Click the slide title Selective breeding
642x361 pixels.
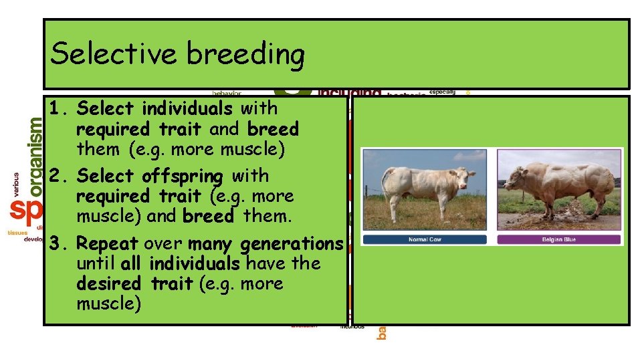(x=177, y=53)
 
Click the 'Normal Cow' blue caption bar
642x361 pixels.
(x=425, y=239)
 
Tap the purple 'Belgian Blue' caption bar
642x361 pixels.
(x=559, y=239)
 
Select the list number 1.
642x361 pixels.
(x=58, y=108)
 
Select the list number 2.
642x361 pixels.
(x=58, y=176)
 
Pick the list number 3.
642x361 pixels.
(x=58, y=244)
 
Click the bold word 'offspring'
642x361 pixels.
(x=183, y=176)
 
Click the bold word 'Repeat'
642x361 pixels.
(x=108, y=244)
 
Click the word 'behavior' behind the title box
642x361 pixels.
(x=227, y=93)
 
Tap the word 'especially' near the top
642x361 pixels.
(x=442, y=92)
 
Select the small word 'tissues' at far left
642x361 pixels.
(x=17, y=232)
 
